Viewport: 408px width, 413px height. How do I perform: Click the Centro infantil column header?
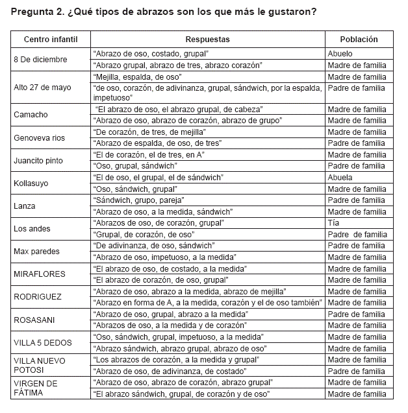pyautogui.click(x=50, y=40)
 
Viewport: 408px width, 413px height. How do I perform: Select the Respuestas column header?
pyautogui.click(x=207, y=40)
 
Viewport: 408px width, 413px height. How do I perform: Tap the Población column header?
pyautogui.click(x=358, y=40)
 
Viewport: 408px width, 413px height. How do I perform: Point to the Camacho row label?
pyautogui.click(x=31, y=115)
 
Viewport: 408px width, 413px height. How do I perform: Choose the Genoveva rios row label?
pyautogui.click(x=39, y=137)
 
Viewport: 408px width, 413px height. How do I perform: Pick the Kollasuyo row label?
pyautogui.click(x=31, y=183)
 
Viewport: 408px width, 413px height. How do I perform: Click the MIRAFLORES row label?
pyautogui.click(x=39, y=274)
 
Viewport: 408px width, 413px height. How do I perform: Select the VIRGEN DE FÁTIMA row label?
pyautogui.click(x=36, y=388)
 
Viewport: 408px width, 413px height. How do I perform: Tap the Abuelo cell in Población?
pyautogui.click(x=340, y=54)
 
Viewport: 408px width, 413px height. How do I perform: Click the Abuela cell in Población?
pyautogui.click(x=340, y=178)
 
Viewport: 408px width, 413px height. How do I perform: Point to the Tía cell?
pyautogui.click(x=333, y=223)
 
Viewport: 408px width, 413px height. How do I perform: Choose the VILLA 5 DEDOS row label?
pyautogui.click(x=42, y=342)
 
